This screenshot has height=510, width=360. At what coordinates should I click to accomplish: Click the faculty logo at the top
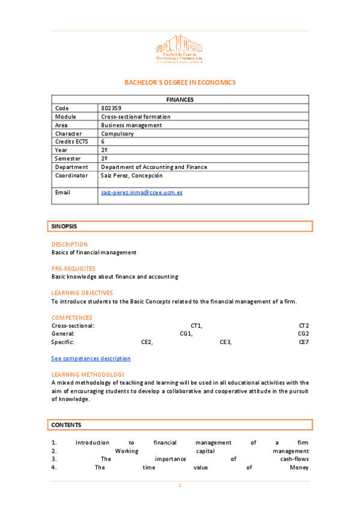180,49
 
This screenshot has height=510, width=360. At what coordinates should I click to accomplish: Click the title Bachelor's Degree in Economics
180,82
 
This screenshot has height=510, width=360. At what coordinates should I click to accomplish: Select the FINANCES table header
180,99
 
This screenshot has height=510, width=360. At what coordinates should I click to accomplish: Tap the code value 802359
111,108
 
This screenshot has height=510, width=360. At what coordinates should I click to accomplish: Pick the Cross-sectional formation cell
135,117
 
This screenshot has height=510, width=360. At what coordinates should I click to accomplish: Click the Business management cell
131,125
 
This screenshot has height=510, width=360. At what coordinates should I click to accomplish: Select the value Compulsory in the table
117,134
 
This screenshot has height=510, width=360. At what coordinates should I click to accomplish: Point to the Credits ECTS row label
71,142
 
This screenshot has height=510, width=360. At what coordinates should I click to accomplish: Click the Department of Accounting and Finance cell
154,167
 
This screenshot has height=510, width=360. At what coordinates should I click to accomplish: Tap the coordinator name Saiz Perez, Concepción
132,176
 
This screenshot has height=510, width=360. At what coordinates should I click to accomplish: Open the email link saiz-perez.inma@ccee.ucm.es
142,192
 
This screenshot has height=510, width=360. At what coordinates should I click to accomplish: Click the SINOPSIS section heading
64,226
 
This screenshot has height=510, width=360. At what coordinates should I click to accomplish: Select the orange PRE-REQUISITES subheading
73,269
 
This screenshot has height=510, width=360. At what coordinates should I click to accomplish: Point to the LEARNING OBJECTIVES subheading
82,293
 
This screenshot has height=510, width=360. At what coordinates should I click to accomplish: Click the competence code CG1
186,334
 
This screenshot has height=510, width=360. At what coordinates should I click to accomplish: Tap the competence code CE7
304,342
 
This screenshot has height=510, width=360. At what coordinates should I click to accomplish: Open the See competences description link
91,358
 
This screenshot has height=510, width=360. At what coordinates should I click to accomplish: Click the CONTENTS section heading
66,425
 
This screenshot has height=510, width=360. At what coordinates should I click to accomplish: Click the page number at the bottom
180,485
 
